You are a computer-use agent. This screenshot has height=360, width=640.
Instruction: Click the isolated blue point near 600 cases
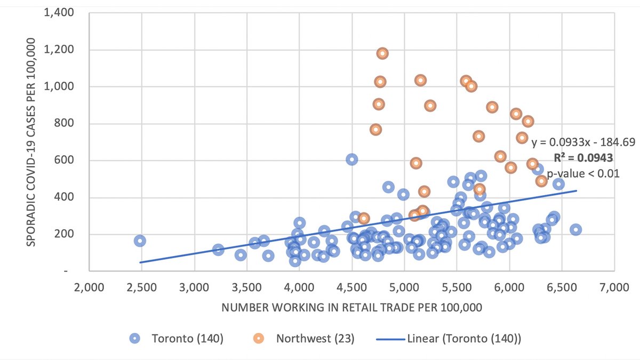tap(351, 159)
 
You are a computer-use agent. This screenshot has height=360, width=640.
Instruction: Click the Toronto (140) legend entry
tap(176, 338)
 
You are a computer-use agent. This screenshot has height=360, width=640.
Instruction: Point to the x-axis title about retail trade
tap(351, 308)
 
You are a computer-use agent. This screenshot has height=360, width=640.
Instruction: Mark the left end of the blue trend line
tap(140, 262)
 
